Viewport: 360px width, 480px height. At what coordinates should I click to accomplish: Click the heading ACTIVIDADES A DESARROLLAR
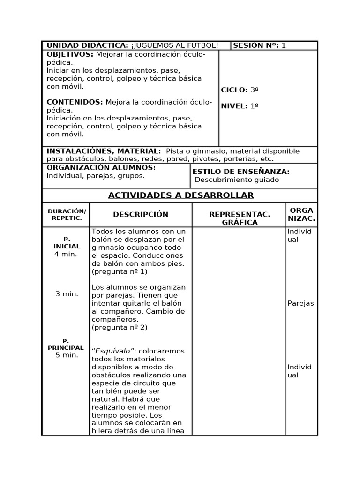pos(181,195)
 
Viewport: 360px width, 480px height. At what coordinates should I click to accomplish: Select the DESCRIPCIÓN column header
pos(141,215)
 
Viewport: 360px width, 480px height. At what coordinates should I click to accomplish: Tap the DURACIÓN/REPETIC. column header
pos(67,215)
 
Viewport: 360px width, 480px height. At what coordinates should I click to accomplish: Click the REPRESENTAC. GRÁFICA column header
pos(240,218)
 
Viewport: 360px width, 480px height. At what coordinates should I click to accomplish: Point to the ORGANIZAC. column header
pos(301,214)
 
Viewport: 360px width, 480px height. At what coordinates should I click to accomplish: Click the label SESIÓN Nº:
pos(256,45)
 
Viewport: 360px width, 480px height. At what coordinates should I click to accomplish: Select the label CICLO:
pos(234,90)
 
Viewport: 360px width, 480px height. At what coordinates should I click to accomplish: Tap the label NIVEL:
pos(234,106)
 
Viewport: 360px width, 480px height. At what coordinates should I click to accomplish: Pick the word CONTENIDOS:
pos(75,102)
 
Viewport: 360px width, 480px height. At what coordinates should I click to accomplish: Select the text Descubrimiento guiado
pos(237,180)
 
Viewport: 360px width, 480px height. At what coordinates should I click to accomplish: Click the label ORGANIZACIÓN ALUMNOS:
pos(101,168)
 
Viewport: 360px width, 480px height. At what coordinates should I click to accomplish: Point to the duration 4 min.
pos(66,254)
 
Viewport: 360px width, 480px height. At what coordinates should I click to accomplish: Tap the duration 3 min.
pos(67,294)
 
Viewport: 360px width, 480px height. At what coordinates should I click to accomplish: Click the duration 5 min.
pos(67,355)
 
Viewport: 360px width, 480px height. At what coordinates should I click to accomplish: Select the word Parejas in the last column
pos(300,303)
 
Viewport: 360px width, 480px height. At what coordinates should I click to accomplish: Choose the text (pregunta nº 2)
pos(120,328)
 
